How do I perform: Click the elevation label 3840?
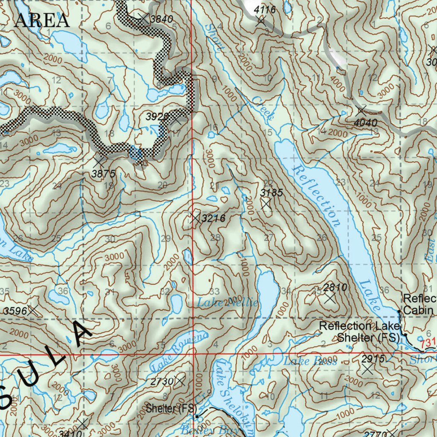(162, 19)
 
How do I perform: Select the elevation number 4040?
(366, 123)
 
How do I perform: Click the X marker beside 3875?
(99, 161)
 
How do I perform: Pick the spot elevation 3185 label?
(271, 193)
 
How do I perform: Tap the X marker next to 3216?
(195, 218)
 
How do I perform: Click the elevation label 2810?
(335, 287)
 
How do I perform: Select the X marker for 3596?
(33, 310)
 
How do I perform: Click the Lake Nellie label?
(227, 303)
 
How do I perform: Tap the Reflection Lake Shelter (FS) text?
(361, 332)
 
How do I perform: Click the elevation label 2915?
(373, 358)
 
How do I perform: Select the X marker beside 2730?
(180, 381)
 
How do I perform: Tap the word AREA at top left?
(41, 20)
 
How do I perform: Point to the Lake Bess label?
(310, 361)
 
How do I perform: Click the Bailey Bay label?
(205, 430)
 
